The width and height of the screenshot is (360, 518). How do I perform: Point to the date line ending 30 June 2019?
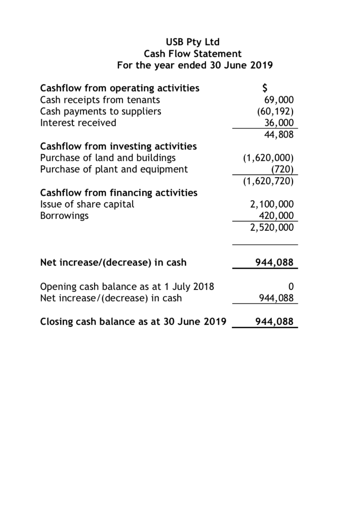194,65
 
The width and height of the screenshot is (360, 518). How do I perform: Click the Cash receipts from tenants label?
100,100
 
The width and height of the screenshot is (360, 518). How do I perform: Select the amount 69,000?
278,100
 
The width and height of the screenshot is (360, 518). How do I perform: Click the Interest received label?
78,123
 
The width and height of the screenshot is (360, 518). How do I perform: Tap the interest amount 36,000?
278,123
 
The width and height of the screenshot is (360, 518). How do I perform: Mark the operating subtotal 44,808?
278,135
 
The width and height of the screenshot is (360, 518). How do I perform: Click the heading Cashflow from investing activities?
118,146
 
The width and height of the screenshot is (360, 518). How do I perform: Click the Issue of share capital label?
87,204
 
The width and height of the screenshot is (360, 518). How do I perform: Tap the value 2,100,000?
272,204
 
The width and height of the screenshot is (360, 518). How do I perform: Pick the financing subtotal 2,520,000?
272,228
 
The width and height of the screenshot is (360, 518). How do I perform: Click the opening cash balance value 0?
290,287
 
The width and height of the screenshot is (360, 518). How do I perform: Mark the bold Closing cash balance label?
133,322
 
